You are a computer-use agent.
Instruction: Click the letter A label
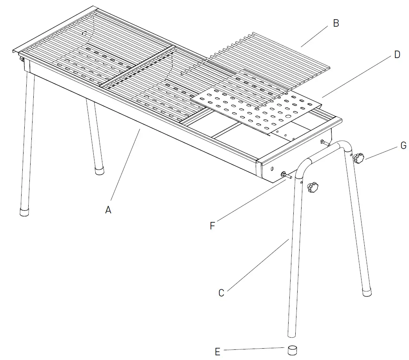click(108, 210)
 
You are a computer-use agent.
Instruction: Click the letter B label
click(336, 24)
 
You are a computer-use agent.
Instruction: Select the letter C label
click(221, 293)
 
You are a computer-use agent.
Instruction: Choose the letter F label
click(212, 226)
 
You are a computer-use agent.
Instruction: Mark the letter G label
click(403, 146)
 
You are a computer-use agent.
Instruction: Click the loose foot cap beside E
click(293, 350)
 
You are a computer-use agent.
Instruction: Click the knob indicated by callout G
click(358, 158)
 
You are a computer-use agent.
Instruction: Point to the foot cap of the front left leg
click(25, 212)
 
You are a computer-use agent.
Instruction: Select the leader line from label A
click(125, 169)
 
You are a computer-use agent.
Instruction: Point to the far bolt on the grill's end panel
click(322, 142)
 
